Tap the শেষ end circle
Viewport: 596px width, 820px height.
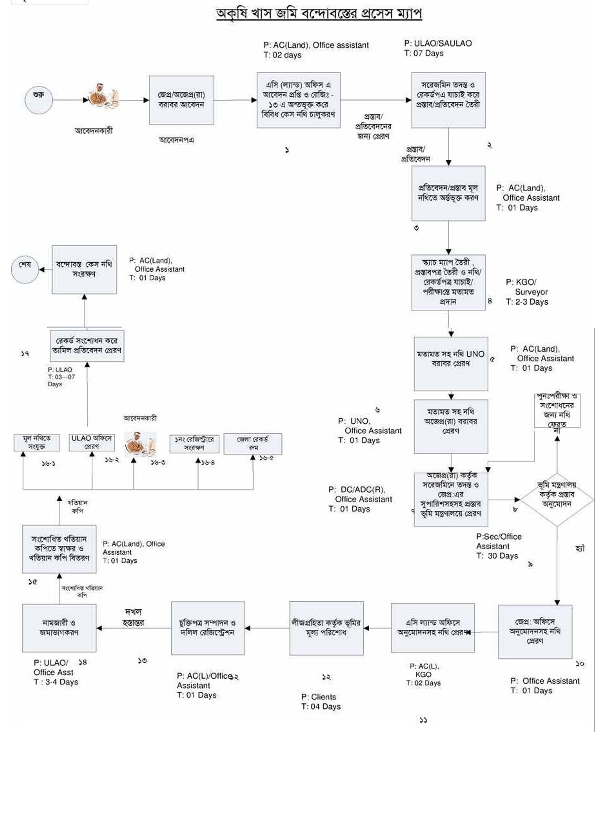(25, 269)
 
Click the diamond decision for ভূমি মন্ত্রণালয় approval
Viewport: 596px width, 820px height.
(557, 499)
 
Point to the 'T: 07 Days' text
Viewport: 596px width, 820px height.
(424, 53)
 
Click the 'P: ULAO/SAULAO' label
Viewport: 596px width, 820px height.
(438, 43)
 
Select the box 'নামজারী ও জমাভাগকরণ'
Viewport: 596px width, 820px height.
(59, 628)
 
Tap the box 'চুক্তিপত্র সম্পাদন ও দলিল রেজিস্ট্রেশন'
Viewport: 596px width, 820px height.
(208, 628)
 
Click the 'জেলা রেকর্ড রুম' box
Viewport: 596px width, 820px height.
(253, 444)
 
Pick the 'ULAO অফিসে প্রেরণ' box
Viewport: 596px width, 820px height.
(92, 442)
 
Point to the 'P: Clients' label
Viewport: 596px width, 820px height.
(318, 697)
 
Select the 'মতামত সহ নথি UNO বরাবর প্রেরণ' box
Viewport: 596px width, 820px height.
(451, 364)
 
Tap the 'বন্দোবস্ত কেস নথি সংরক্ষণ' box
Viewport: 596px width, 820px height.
(84, 269)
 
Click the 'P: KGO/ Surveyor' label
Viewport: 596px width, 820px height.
(527, 287)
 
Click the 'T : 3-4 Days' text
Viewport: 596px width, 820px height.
(56, 682)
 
